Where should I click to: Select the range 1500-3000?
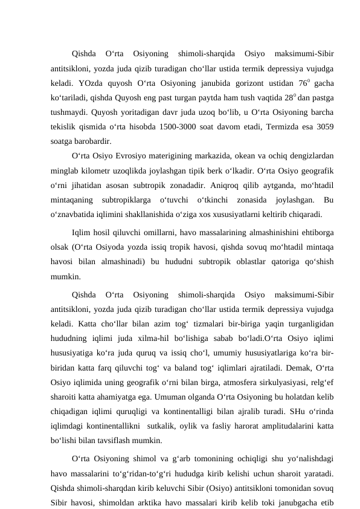(x=180, y=128)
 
